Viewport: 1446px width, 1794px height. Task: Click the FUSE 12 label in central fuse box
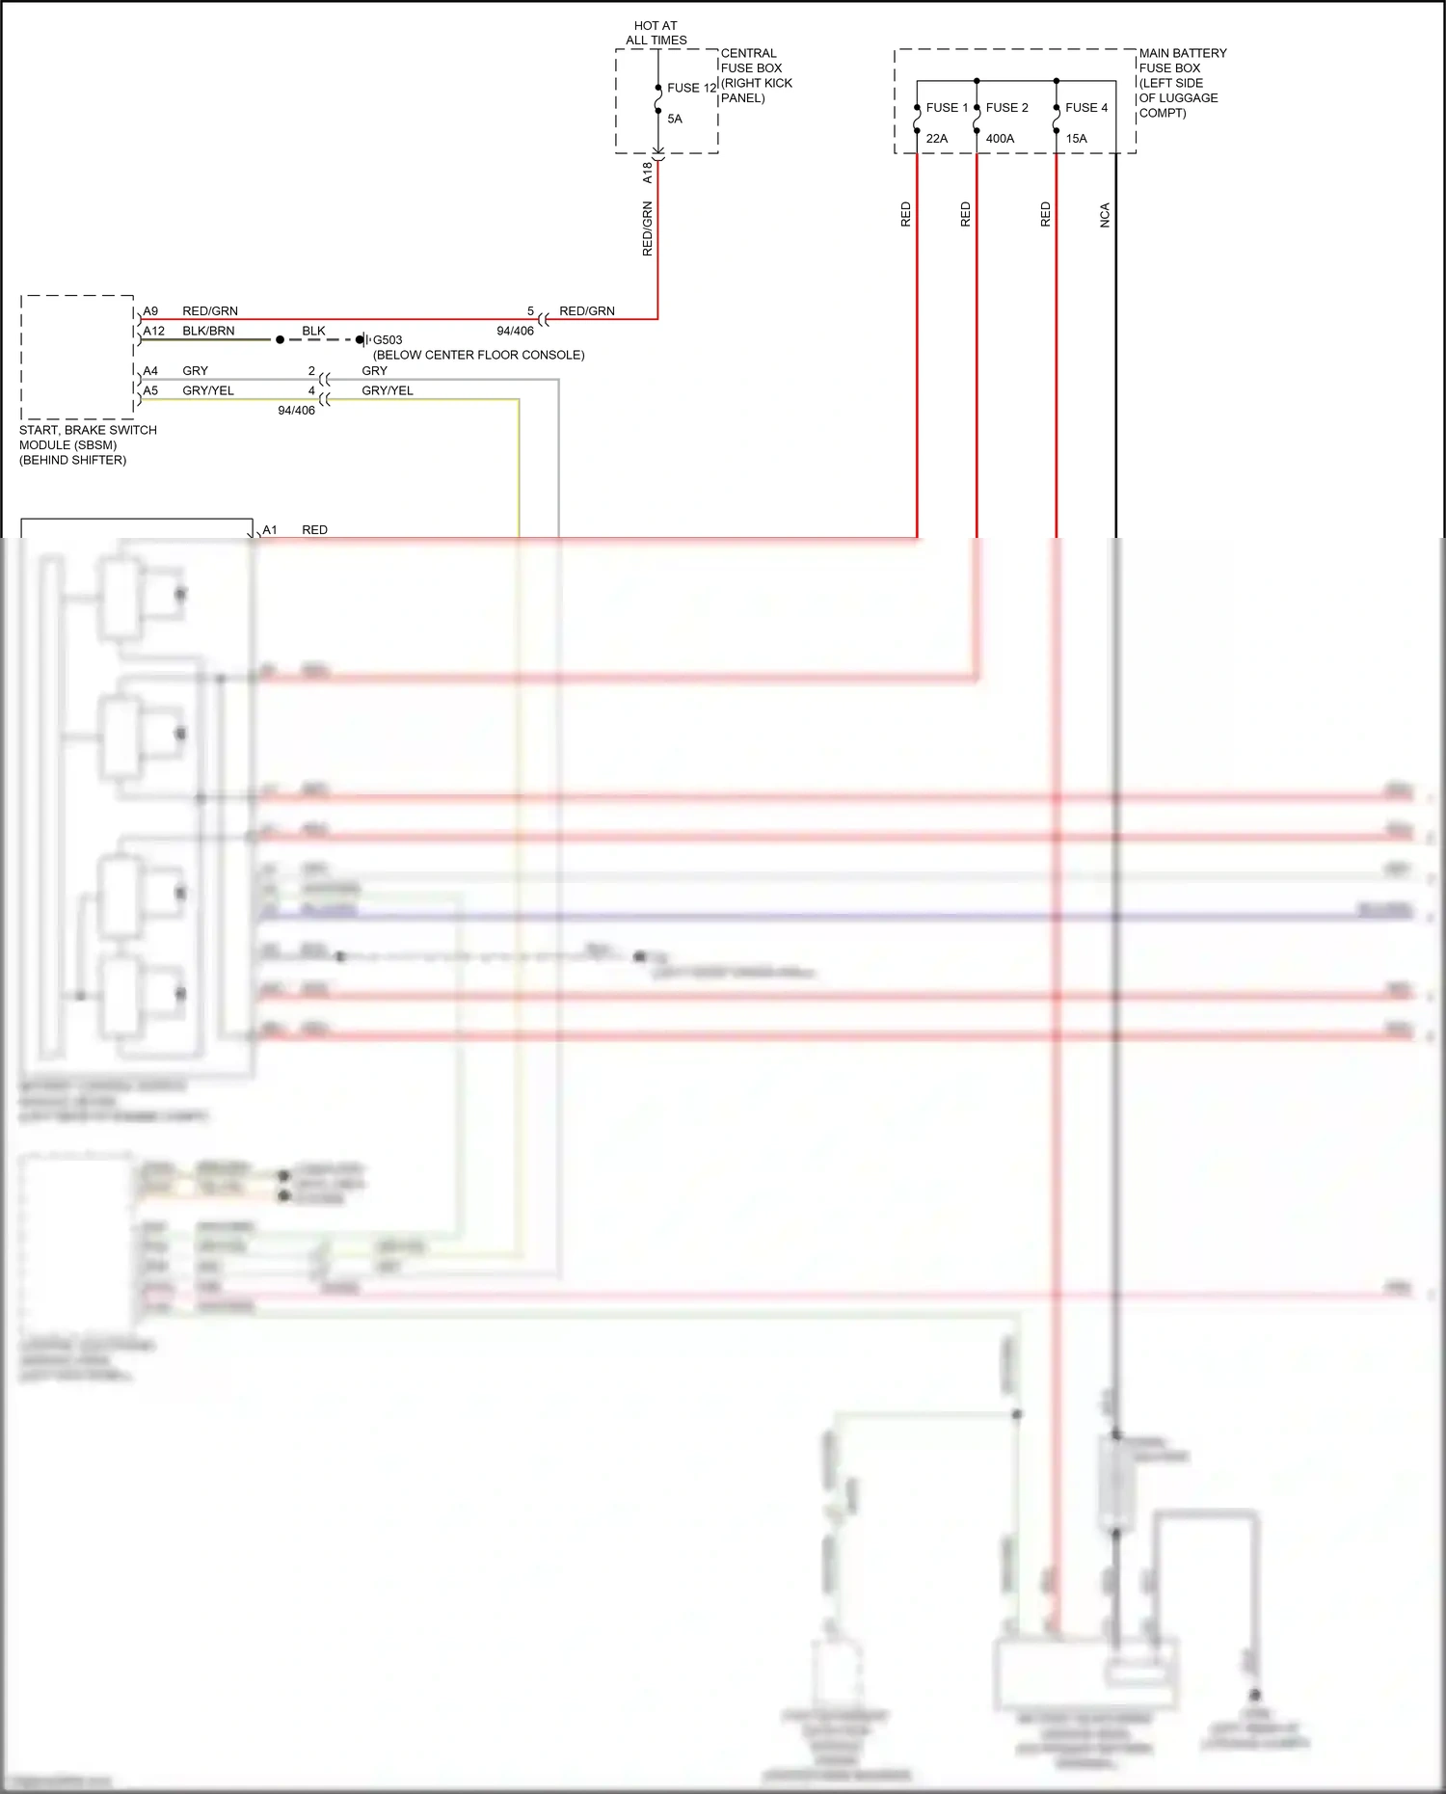coord(691,88)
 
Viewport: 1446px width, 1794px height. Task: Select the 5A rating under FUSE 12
coord(675,119)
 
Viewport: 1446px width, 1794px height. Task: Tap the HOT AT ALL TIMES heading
coord(656,33)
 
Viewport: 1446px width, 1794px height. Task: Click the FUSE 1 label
coord(946,108)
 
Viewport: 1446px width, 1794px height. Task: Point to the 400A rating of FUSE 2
coord(1000,139)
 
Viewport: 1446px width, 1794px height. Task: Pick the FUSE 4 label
coord(1085,108)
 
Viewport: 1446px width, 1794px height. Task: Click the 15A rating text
coord(1076,139)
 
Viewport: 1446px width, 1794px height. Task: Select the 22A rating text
coord(936,139)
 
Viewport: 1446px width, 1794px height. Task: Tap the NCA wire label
coord(1105,215)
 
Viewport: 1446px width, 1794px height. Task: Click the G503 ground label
coord(388,340)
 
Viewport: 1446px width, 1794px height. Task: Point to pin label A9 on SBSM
coord(150,311)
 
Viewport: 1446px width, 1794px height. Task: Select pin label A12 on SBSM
coord(153,331)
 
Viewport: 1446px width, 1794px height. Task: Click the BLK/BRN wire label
coord(208,331)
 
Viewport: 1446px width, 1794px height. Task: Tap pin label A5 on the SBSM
coord(150,390)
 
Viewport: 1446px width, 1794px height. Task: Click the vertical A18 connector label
coord(647,173)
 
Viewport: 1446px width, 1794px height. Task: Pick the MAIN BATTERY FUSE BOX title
coord(1182,61)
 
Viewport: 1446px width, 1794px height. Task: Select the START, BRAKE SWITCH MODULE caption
coord(87,444)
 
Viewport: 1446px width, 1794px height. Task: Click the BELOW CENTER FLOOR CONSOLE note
coord(478,355)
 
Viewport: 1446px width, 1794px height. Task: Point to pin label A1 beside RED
coord(270,530)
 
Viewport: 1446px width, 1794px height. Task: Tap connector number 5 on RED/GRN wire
coord(530,311)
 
